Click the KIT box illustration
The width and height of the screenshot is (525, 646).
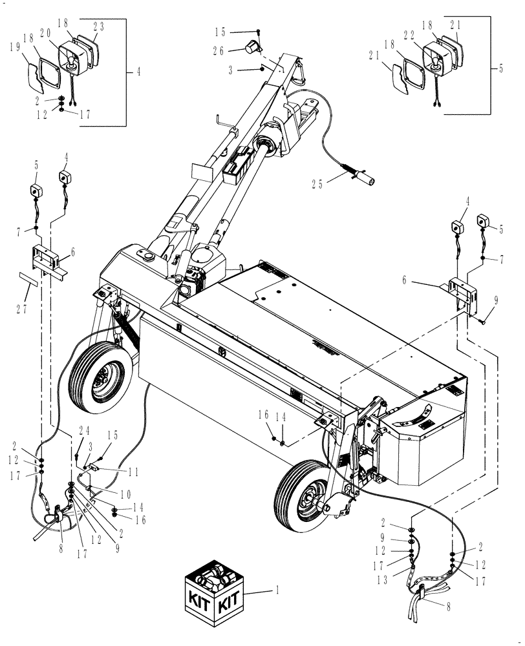[213, 592]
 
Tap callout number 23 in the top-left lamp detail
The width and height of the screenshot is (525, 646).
[99, 26]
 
